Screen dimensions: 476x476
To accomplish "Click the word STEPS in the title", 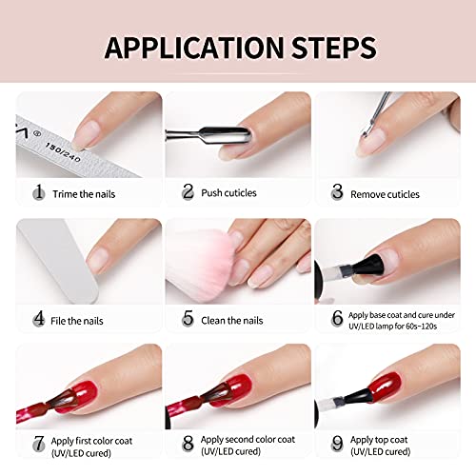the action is pos(333,48).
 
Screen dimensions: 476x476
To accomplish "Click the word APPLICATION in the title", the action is pos(194,48).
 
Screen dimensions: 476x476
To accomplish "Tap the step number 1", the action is pos(39,191).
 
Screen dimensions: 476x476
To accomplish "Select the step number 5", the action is pos(188,318).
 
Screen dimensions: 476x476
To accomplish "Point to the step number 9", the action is pos(337,443).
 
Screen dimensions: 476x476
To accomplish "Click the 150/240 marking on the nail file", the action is pos(63,152).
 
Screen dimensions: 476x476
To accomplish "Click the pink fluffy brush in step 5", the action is pos(201,265).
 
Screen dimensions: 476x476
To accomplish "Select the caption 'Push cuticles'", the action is pos(228,193).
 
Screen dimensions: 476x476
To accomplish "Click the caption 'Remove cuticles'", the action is pos(385,194).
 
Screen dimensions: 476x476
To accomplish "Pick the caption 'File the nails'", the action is pos(77,321).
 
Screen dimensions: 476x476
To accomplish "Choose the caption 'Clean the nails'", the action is pos(232,321).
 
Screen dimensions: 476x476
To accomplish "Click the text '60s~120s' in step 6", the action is pos(421,327).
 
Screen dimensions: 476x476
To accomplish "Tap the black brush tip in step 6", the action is pos(369,265).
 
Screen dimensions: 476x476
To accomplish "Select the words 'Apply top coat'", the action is pos(379,440).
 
